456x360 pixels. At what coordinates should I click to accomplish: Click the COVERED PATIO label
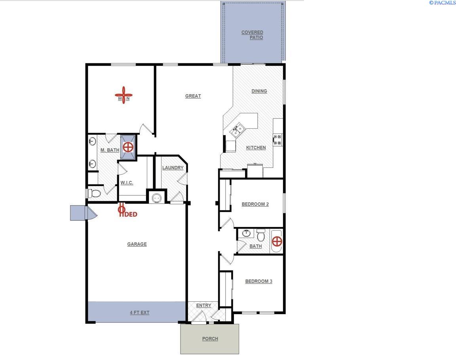[x=253, y=35]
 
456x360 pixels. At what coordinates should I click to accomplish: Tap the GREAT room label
[x=193, y=96]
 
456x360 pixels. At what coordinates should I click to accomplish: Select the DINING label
[x=259, y=91]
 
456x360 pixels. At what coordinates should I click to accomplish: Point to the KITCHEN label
[x=256, y=148]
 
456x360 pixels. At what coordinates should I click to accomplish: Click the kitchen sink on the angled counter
[x=237, y=130]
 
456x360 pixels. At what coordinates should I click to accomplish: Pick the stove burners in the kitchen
[x=277, y=139]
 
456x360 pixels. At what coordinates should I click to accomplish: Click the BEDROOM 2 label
[x=255, y=204]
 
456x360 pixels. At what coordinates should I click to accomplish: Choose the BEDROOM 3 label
[x=258, y=282]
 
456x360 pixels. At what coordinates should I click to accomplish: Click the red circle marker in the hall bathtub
[x=277, y=241]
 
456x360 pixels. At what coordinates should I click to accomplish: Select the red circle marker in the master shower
[x=128, y=148]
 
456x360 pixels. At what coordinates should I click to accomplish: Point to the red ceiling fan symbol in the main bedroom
[x=123, y=95]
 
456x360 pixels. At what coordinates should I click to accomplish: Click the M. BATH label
[x=110, y=150]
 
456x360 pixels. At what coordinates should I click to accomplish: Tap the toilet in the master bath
[x=94, y=193]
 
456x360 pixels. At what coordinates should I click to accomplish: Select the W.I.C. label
[x=127, y=183]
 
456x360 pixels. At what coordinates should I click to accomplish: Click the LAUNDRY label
[x=173, y=168]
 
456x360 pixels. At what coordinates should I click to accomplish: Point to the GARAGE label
[x=137, y=244]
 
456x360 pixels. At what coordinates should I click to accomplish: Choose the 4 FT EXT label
[x=140, y=312]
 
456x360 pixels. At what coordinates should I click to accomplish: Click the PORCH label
[x=210, y=339]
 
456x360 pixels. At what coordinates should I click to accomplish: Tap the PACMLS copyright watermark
[x=442, y=3]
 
